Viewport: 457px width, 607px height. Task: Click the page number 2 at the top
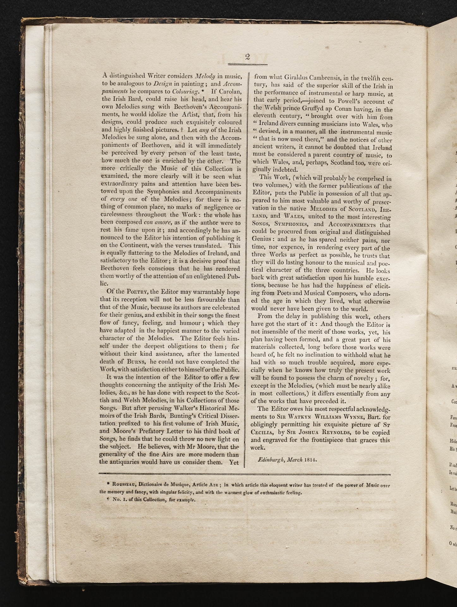(247, 57)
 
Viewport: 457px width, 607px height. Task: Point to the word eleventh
(267, 117)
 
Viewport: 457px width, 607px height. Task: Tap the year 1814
(311, 459)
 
